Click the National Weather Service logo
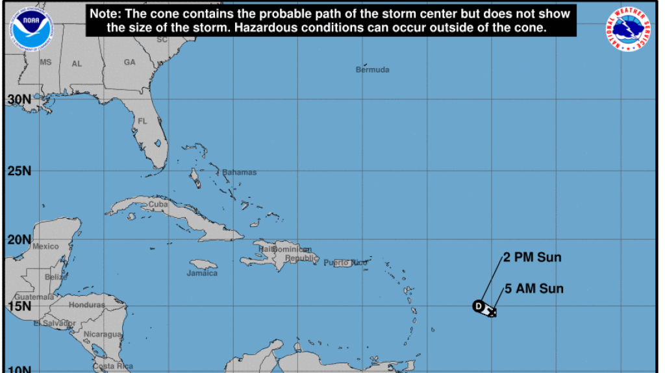coord(629,30)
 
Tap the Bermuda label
coord(372,69)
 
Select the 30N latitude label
coord(19,99)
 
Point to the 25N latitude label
coord(19,171)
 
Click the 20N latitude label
coord(19,239)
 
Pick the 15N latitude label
coord(19,306)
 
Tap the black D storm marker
coord(479,306)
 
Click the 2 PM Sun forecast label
coord(532,258)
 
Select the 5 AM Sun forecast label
coord(534,289)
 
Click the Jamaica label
coord(202,273)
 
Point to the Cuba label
coord(158,204)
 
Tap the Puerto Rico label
coord(345,262)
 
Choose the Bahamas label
coord(239,173)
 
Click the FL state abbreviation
coord(142,121)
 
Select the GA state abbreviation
coord(129,62)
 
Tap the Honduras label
coord(87,305)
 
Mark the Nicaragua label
coord(102,334)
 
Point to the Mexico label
coord(45,247)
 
